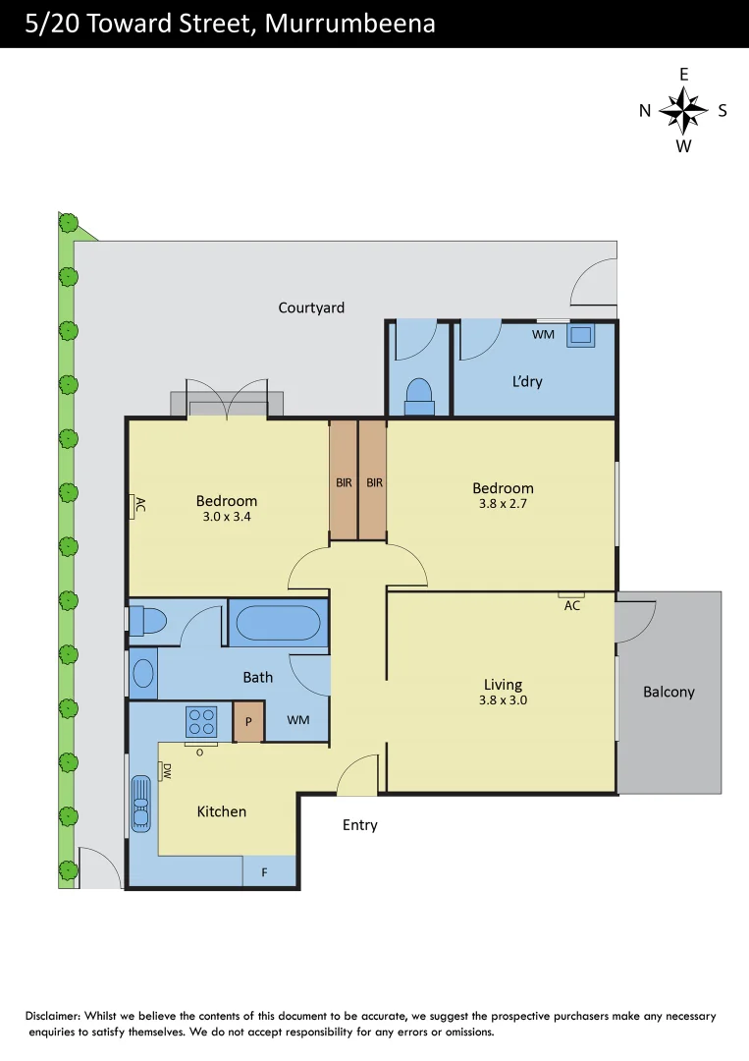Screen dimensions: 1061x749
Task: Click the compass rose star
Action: coord(683,110)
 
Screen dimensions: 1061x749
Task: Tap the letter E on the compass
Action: coord(684,75)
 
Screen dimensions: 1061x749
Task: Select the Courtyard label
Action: coord(311,307)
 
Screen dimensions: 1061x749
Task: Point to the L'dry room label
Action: coord(526,381)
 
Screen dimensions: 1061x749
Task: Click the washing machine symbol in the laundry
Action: coord(581,335)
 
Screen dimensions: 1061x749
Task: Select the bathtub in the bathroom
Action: coord(279,623)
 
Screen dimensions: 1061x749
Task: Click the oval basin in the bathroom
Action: coord(143,673)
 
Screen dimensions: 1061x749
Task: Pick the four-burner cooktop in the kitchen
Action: coord(201,722)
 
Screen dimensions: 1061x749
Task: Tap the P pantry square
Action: coord(248,723)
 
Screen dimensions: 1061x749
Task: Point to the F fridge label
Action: coord(264,871)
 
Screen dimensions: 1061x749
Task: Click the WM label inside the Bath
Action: coord(298,720)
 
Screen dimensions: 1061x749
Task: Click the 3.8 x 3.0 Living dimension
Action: coord(503,700)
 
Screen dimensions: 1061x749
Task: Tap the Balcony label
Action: coord(669,692)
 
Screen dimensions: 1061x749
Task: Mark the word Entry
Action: coord(359,825)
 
